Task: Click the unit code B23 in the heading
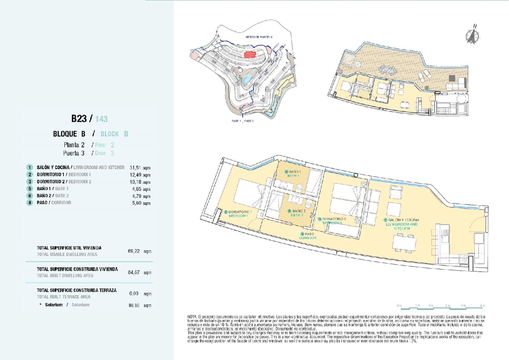(79, 119)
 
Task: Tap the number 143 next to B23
(101, 119)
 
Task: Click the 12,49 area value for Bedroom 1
(136, 175)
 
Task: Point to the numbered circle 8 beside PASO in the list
(30, 203)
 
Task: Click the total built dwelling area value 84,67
(134, 272)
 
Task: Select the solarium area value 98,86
(134, 305)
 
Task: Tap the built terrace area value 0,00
(134, 293)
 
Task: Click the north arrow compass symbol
(472, 36)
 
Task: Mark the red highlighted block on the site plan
(250, 54)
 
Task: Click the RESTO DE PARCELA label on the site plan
(259, 37)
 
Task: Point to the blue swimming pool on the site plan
(248, 77)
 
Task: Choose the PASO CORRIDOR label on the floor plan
(307, 236)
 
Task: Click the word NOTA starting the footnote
(192, 317)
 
